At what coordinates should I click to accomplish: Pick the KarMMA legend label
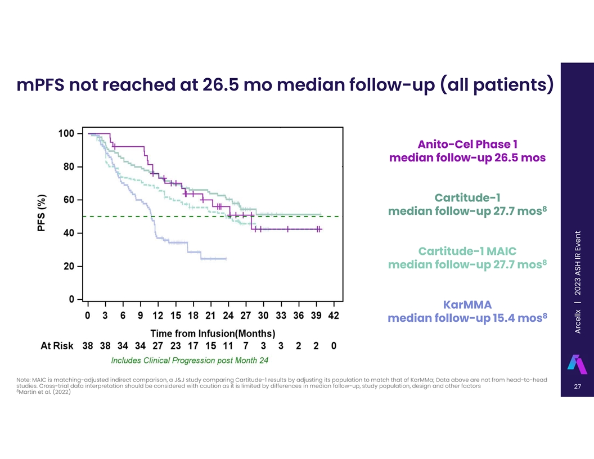tap(467, 304)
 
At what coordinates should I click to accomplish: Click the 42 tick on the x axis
tap(334, 316)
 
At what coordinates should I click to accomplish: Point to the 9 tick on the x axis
tap(140, 316)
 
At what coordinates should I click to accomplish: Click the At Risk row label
tap(57, 346)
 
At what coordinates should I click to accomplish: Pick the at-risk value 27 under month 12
tap(158, 346)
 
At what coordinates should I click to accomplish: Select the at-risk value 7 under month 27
tap(245, 346)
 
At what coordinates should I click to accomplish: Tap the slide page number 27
tap(577, 386)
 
